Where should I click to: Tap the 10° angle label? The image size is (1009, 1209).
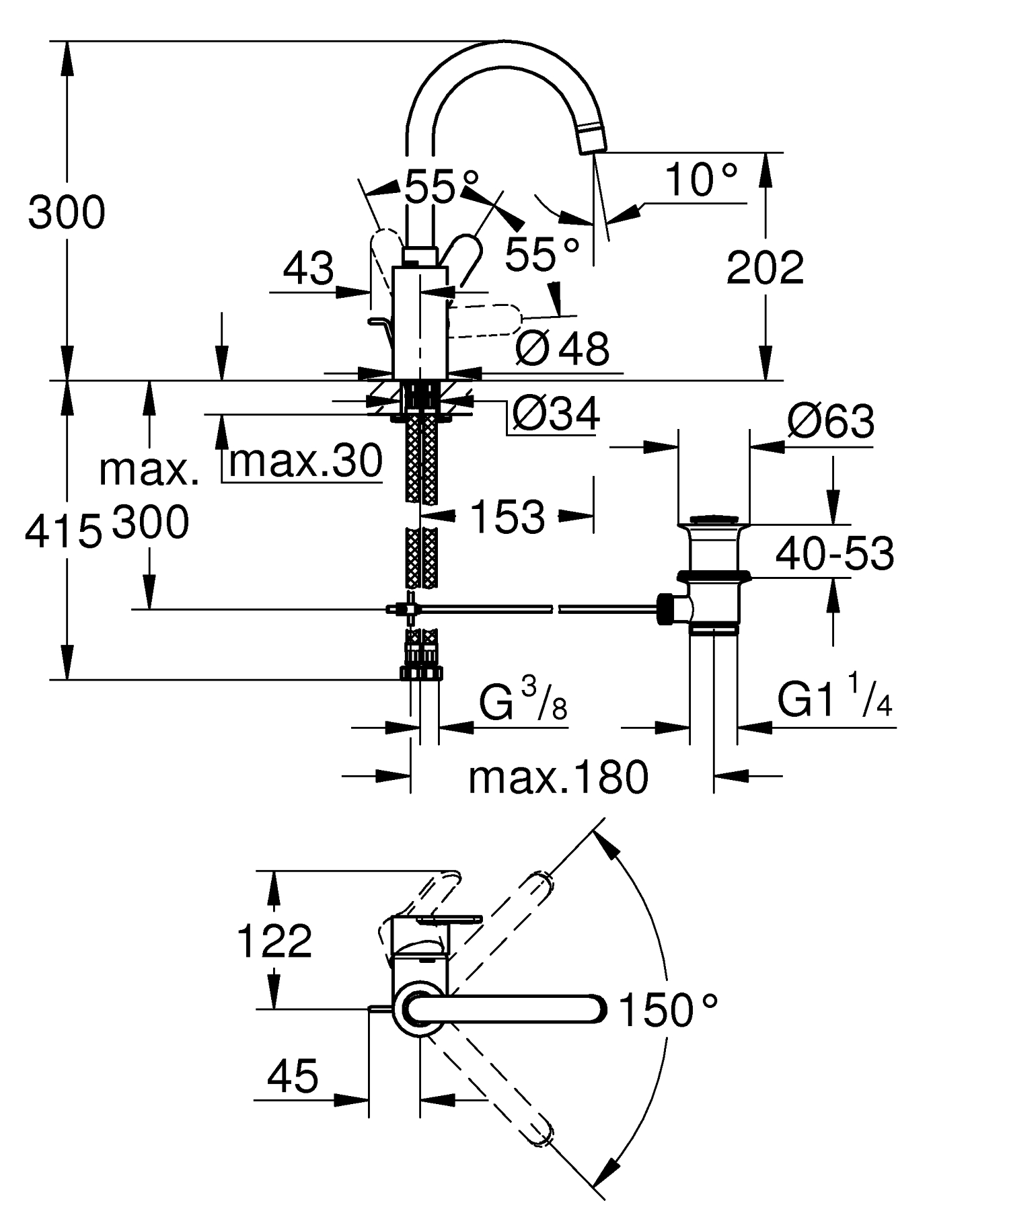click(700, 180)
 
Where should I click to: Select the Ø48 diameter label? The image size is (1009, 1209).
click(562, 348)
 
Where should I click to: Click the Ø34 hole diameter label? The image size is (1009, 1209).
click(555, 413)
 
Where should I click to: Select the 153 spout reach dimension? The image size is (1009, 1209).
click(507, 516)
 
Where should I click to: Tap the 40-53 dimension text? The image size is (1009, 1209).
click(834, 553)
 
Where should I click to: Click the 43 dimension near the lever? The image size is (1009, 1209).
click(308, 268)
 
